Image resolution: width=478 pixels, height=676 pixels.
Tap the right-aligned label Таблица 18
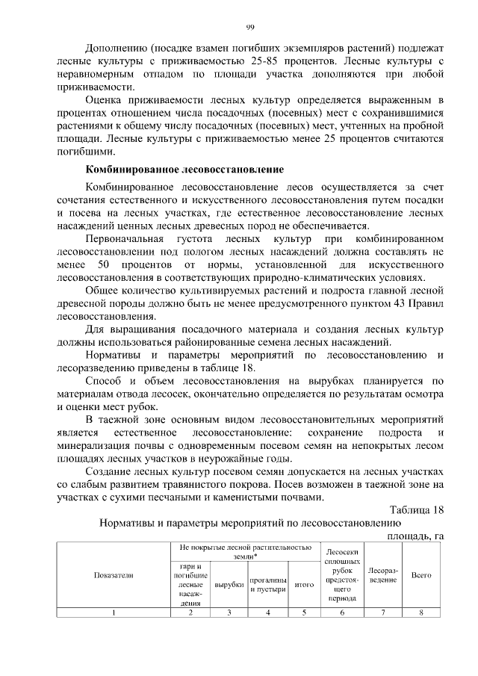tap(414, 510)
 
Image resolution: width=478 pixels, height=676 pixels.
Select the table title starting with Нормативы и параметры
tap(246, 523)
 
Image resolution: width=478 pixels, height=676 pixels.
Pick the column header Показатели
tap(114, 575)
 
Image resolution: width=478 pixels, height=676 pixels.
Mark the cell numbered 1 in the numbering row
tap(114, 613)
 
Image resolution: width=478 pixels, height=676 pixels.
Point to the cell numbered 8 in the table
tap(421, 613)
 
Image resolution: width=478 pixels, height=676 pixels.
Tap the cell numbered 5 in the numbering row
tap(304, 613)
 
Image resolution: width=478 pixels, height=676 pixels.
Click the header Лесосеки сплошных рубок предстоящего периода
tap(343, 575)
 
